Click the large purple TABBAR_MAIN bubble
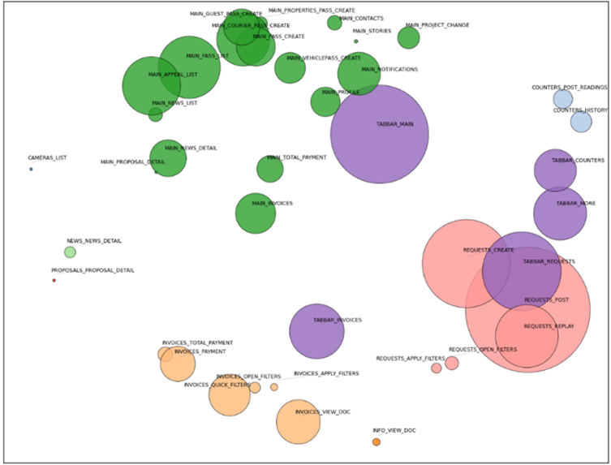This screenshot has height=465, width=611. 379,134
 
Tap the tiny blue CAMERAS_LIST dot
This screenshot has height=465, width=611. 31,169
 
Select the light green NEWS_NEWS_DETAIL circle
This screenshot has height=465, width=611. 70,252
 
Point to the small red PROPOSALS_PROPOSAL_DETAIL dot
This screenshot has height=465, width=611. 54,280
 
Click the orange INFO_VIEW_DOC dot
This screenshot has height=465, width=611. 376,441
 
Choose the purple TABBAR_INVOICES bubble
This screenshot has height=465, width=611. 316,331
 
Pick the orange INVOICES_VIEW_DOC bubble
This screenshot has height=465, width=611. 298,422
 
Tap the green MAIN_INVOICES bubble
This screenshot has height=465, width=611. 256,213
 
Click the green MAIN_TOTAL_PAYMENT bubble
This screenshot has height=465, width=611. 270,169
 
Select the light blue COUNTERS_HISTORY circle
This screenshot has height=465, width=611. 581,122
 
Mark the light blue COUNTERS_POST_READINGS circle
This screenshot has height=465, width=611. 563,99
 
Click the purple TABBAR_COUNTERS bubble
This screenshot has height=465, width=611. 555,170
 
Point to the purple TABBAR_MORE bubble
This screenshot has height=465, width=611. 560,213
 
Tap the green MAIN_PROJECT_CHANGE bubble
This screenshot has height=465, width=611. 409,37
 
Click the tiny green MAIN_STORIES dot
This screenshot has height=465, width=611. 355,41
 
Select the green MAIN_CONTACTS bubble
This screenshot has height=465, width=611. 334,23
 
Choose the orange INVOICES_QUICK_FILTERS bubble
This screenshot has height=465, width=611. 230,395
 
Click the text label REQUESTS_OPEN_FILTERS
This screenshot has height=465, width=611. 483,350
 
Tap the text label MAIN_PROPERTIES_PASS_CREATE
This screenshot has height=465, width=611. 312,11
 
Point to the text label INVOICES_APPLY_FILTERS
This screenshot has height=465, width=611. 325,373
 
